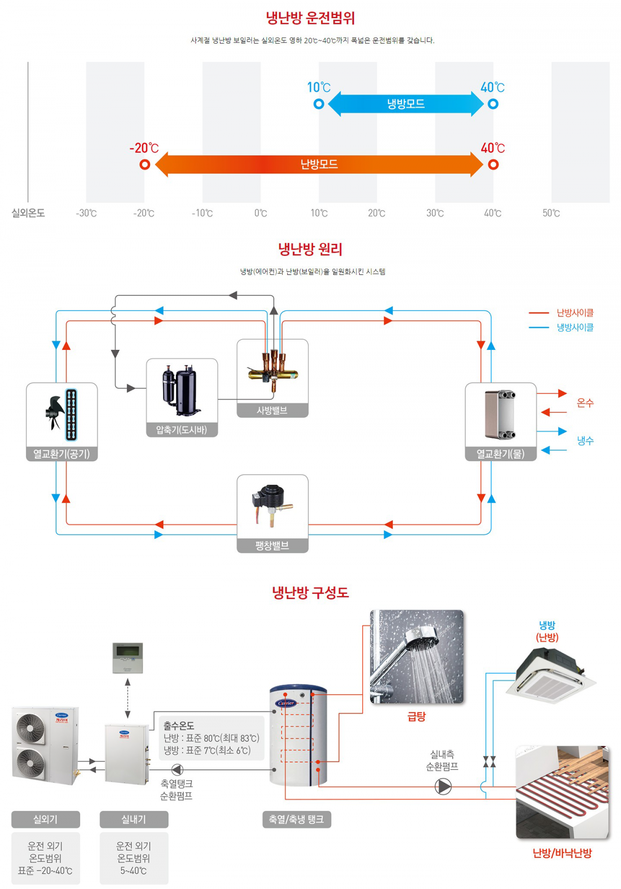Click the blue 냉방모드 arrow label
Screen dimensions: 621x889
click(x=406, y=104)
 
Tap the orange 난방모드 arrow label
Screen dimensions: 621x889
click(x=319, y=164)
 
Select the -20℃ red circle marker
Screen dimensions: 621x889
click(x=145, y=165)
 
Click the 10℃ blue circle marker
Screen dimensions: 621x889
click(x=319, y=104)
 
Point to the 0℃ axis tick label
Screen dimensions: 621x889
click(x=261, y=213)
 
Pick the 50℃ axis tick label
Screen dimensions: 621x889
click(x=551, y=213)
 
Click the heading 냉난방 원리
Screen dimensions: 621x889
click(x=310, y=250)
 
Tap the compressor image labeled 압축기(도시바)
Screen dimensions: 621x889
click(x=180, y=391)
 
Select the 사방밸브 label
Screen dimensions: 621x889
click(x=272, y=411)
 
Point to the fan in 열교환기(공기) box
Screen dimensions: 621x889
click(x=54, y=412)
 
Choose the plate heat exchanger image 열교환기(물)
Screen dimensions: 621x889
click(x=500, y=415)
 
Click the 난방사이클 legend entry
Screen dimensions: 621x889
click(x=561, y=313)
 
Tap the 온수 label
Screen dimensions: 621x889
click(x=585, y=403)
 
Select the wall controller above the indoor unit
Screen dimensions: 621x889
click(x=127, y=658)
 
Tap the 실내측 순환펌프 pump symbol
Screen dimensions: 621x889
click(x=443, y=786)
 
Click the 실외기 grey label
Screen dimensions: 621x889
click(x=46, y=820)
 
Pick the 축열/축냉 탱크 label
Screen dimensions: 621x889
click(x=297, y=820)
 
